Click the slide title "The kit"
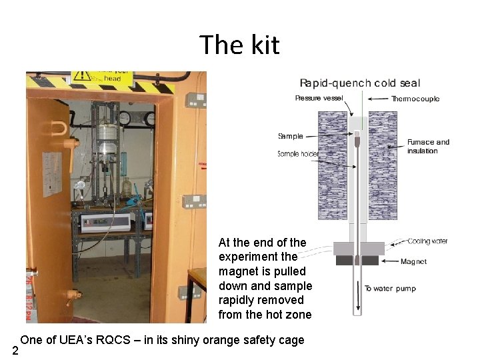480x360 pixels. click(239, 45)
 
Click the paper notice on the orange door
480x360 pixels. click(52, 174)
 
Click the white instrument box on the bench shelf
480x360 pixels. click(105, 222)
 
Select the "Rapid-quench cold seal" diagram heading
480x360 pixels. click(360, 83)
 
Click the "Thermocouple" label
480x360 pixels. click(415, 99)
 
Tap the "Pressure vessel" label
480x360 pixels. click(319, 99)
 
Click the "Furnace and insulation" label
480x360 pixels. click(428, 146)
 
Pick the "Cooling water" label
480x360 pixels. click(427, 241)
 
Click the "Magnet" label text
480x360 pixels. click(413, 262)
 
